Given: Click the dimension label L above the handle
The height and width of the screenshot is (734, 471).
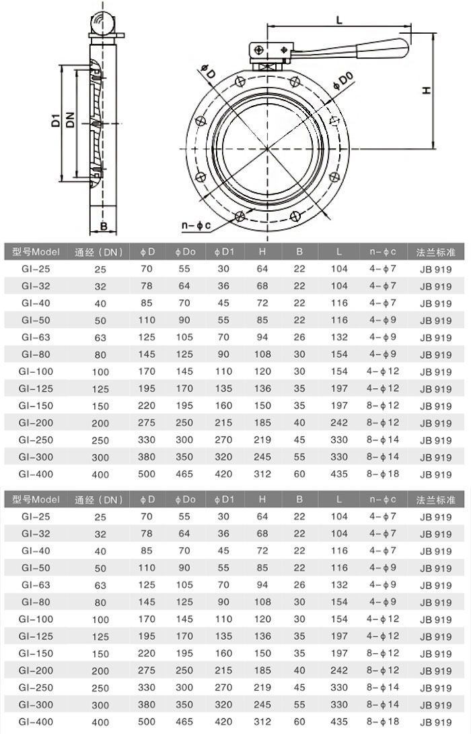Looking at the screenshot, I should (339, 20).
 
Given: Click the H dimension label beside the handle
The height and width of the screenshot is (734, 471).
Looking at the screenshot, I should (426, 90).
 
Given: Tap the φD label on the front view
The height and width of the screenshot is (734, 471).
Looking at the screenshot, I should (207, 69).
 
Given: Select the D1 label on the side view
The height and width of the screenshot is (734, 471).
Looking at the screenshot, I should (57, 121).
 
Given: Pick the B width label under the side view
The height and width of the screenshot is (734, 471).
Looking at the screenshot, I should (104, 225).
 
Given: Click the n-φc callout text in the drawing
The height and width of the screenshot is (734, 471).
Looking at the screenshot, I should (196, 224).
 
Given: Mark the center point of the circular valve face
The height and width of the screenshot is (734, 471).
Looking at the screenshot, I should (267, 148).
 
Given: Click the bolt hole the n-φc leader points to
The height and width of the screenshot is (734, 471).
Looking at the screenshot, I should (240, 216).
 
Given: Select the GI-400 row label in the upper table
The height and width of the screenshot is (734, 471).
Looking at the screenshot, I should (36, 474).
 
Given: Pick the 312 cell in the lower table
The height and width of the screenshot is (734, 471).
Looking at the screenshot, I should (262, 722).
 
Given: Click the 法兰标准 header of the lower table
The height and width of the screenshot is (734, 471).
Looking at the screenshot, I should (436, 500).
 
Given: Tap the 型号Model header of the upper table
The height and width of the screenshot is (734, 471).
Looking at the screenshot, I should (36, 252).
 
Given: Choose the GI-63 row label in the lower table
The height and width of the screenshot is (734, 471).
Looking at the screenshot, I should (36, 585).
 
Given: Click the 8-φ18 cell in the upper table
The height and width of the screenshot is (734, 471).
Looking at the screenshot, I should (383, 474).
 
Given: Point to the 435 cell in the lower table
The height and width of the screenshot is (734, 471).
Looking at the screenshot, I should (339, 722).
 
